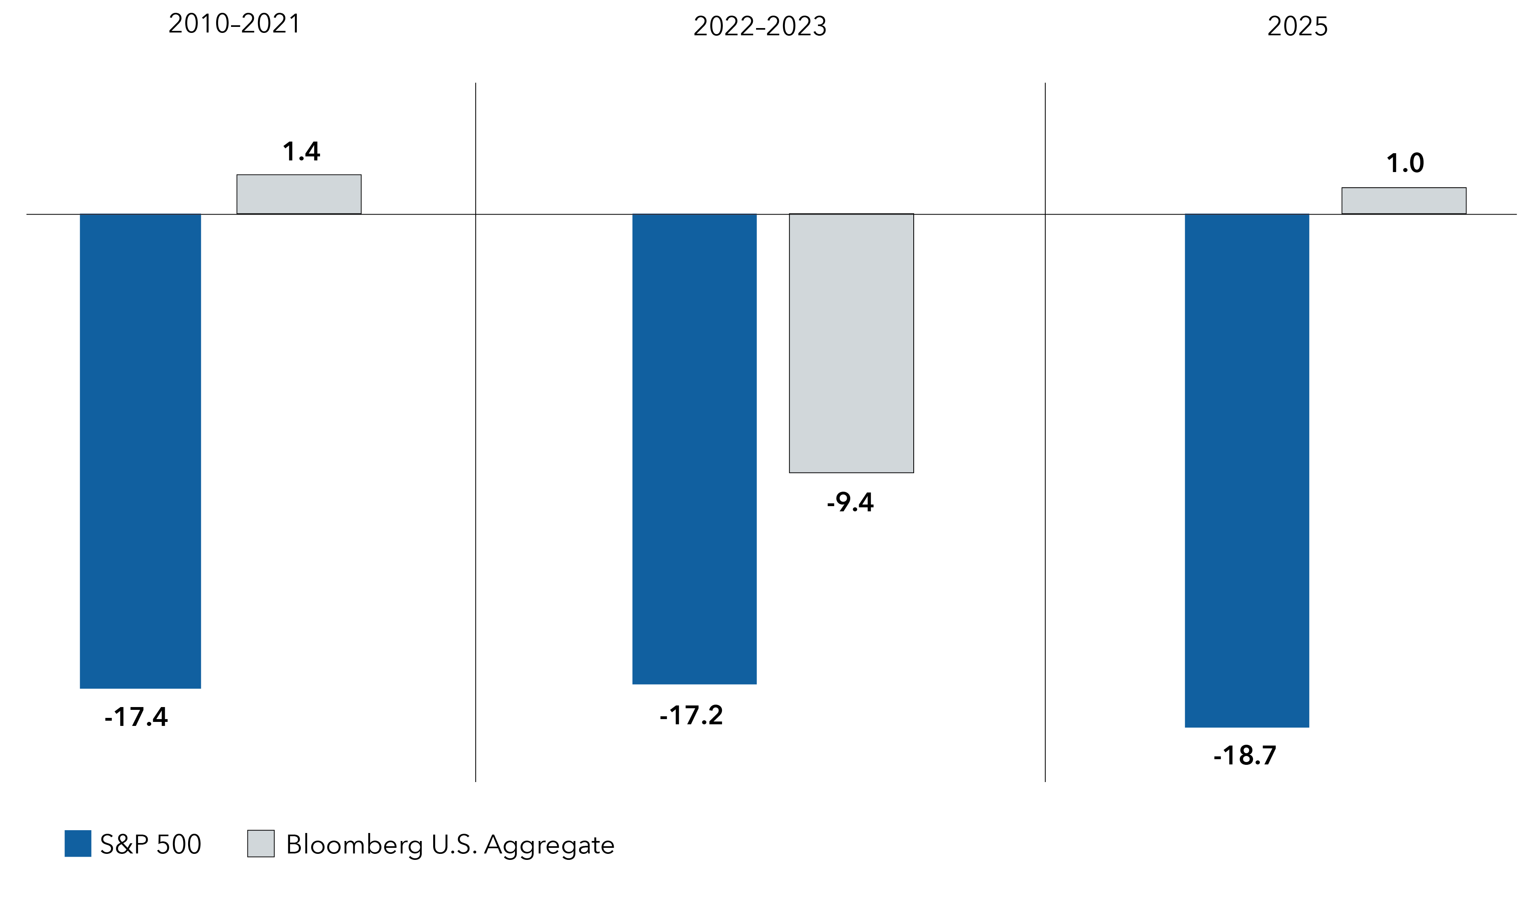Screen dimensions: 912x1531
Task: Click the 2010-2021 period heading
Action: point(234,24)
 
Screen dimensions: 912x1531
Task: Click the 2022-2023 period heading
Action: point(760,26)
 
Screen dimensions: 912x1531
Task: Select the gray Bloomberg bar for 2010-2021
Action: point(299,194)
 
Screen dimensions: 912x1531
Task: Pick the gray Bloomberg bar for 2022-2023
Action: point(851,343)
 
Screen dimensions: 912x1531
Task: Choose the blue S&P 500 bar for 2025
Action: point(1247,470)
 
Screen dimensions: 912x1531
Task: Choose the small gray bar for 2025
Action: point(1404,201)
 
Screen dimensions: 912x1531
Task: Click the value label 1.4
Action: point(301,152)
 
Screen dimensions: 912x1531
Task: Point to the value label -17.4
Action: point(136,717)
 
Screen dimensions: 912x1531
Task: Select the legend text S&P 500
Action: point(150,844)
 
